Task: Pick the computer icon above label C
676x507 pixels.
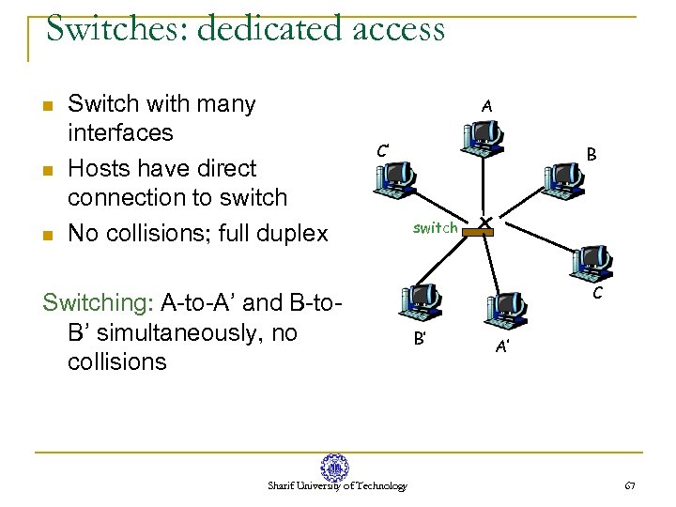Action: (x=596, y=262)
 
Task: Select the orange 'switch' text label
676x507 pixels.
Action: (x=436, y=227)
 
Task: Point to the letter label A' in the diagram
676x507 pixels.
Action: (x=503, y=347)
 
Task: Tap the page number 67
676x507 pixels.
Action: (x=630, y=485)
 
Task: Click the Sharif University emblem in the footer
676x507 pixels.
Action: (x=335, y=466)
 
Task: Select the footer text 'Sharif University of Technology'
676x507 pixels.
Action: (x=337, y=486)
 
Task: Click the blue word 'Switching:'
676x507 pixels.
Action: (x=99, y=302)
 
